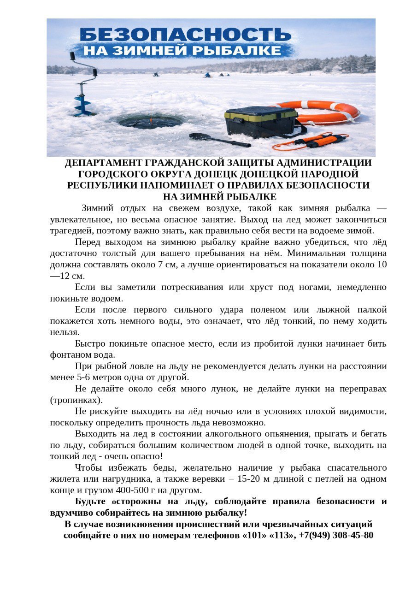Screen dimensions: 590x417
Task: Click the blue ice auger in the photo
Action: pyautogui.click(x=84, y=88)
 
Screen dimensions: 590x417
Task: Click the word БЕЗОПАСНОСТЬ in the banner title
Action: pyautogui.click(x=186, y=35)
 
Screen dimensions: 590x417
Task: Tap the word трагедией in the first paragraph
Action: pyautogui.click(x=70, y=230)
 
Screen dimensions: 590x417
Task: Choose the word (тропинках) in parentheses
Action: pyautogui.click(x=76, y=400)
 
